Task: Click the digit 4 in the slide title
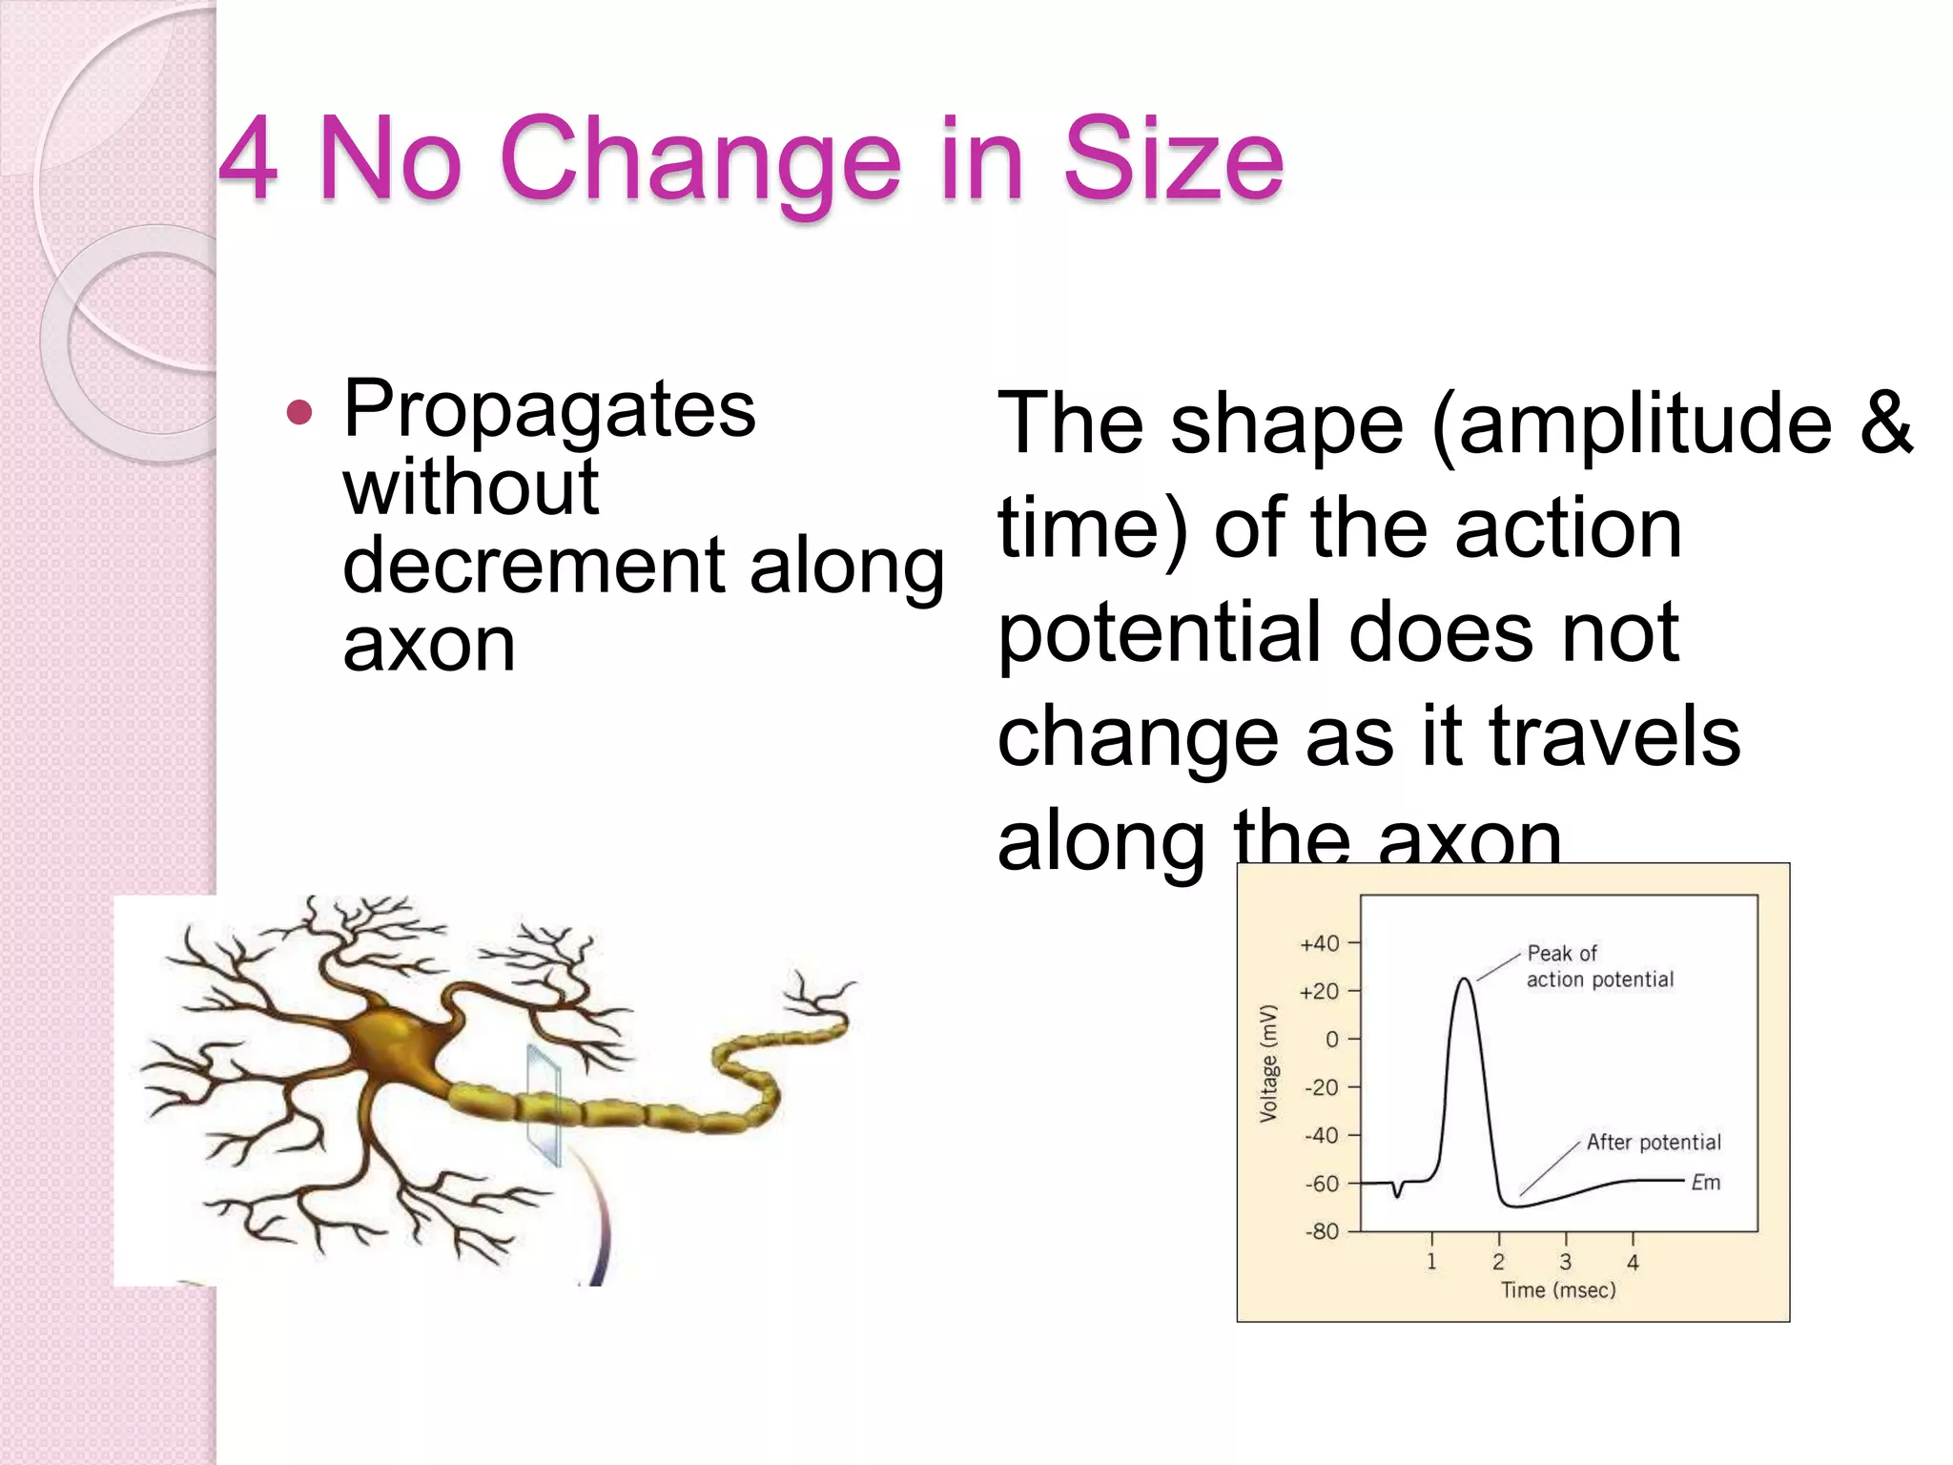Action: tap(249, 158)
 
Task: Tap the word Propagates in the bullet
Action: tap(549, 410)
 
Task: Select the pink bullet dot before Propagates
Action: tap(299, 413)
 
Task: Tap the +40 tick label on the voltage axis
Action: tap(1320, 943)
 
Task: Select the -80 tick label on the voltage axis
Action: tap(1322, 1231)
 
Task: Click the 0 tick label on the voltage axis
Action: tap(1332, 1039)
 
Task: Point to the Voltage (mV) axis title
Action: tap(1268, 1063)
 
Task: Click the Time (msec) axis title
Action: tap(1558, 1290)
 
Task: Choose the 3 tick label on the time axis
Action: tap(1565, 1262)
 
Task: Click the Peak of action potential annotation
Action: tap(1598, 966)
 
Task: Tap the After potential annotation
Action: tap(1654, 1142)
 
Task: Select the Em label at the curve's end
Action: tap(1706, 1183)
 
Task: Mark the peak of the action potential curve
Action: tap(1464, 980)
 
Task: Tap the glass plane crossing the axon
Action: tap(545, 1104)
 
